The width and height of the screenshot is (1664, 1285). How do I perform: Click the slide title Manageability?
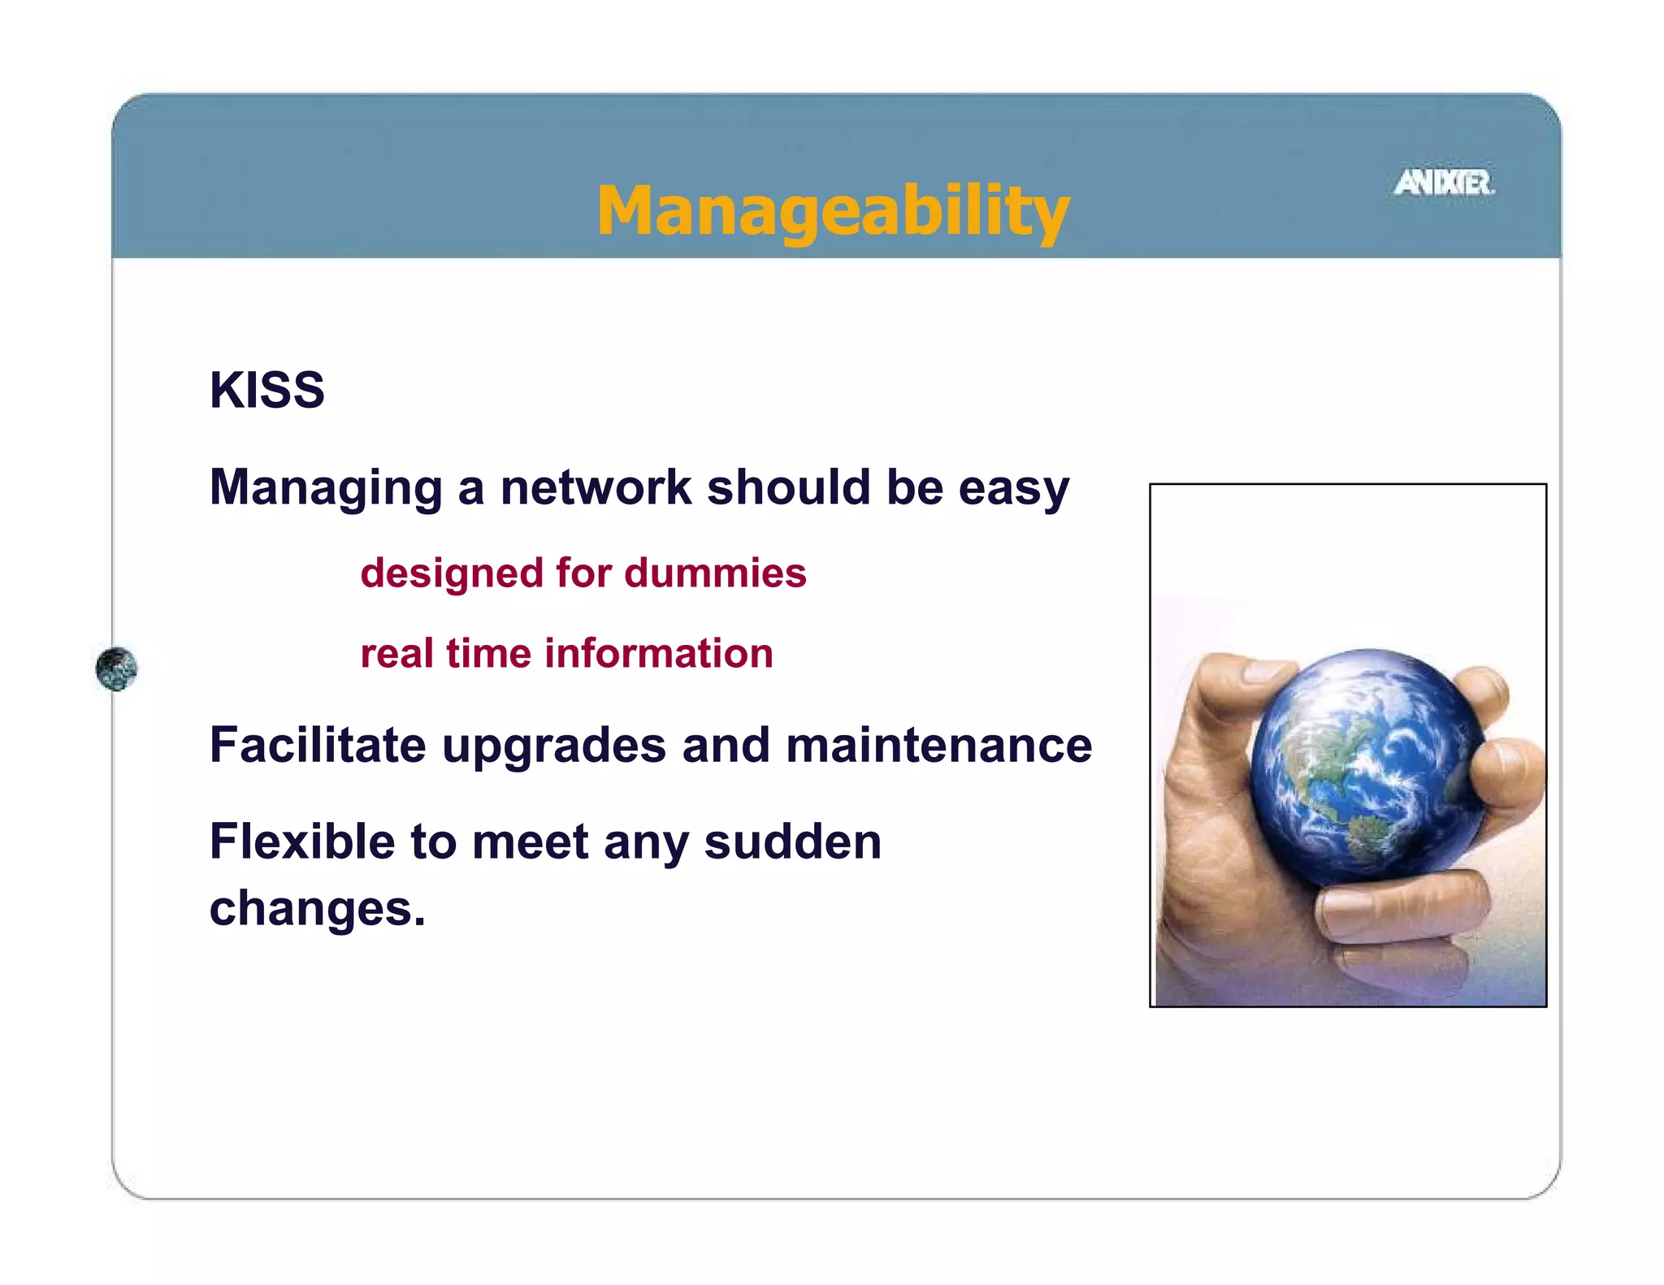[833, 210]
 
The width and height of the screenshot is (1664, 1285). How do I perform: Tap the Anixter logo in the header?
[1444, 183]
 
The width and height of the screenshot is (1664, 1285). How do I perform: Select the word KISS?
[267, 390]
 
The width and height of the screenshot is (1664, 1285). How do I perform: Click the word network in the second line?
[596, 487]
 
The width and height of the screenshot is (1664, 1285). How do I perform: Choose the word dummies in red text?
[715, 573]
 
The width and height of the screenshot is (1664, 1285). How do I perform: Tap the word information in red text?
[658, 653]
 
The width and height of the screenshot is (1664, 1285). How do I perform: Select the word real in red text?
[396, 653]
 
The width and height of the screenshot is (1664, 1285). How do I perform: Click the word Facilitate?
[318, 745]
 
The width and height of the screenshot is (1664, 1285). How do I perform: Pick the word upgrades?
[553, 746]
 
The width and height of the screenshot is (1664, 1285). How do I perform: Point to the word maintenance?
[938, 745]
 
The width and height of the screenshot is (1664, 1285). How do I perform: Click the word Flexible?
[302, 842]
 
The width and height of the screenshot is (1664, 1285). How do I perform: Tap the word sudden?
[792, 842]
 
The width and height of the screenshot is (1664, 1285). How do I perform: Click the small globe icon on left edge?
[116, 668]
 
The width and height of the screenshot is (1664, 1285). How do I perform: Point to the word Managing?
[326, 489]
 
